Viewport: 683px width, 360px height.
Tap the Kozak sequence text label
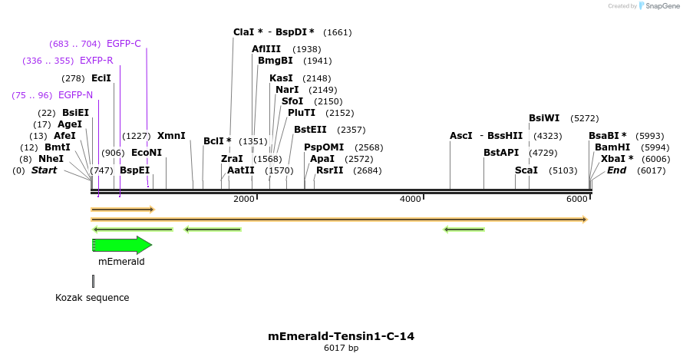tap(92, 298)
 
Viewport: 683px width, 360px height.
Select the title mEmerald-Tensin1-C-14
tap(341, 336)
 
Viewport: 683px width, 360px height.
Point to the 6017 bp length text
tap(341, 348)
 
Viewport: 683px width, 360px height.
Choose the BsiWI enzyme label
tap(544, 118)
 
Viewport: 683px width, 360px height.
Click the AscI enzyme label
tap(461, 136)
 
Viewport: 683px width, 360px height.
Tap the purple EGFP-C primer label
tap(124, 44)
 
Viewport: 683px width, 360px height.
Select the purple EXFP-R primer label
tap(97, 61)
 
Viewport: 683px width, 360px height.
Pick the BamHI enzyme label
tap(612, 147)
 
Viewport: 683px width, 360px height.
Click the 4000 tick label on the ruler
tap(411, 200)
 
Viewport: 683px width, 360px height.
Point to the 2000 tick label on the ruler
tap(244, 200)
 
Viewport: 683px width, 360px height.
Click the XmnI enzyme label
tap(171, 136)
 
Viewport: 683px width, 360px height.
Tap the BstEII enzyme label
tap(310, 130)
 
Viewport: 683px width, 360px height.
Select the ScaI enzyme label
tap(526, 170)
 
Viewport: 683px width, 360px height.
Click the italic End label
tap(616, 170)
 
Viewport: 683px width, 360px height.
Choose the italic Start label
tap(44, 170)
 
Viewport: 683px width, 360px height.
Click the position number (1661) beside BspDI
tap(338, 32)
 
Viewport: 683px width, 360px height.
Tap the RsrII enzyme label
tap(330, 170)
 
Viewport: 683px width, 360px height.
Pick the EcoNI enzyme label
tap(147, 153)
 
